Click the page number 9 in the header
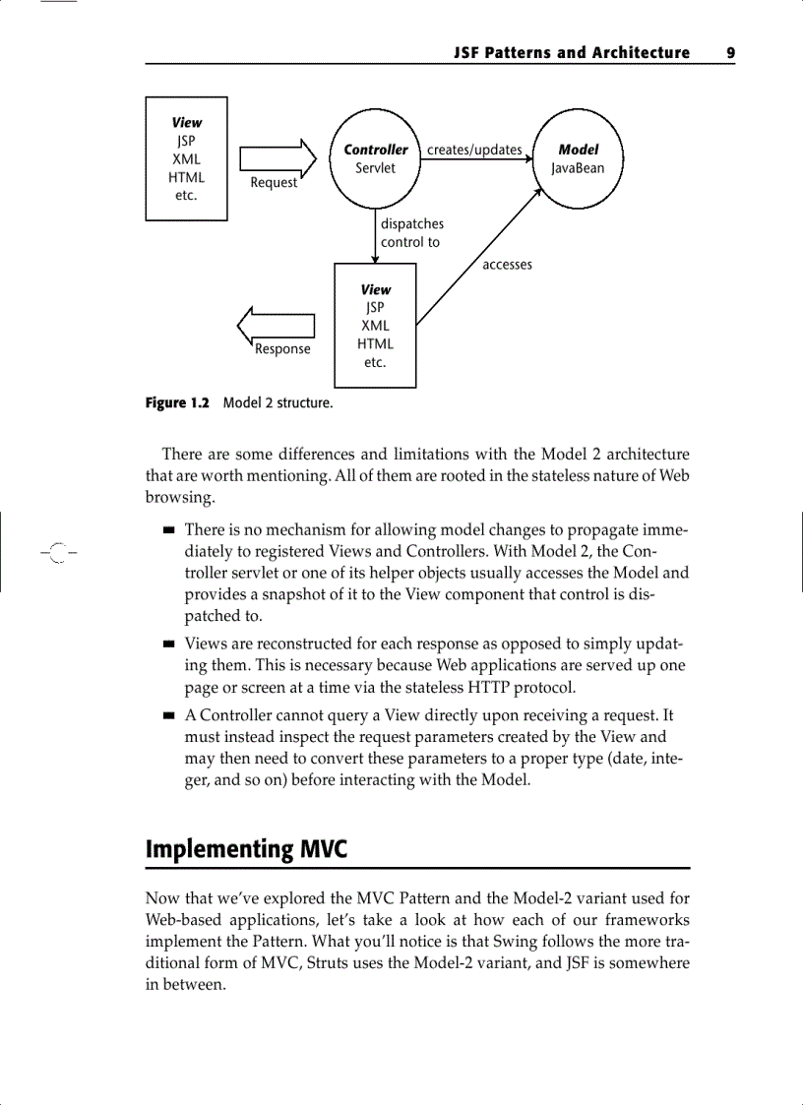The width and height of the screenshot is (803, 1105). [x=731, y=53]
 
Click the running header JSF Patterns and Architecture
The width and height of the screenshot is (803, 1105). [x=572, y=53]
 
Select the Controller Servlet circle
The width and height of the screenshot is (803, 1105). [x=375, y=159]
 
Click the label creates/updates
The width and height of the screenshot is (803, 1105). [x=474, y=150]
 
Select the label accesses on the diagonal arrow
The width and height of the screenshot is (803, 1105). [x=507, y=265]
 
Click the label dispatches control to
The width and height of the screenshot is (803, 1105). [x=411, y=233]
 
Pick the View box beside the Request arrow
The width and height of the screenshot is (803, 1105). [x=187, y=158]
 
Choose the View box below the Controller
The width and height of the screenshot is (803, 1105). [x=375, y=326]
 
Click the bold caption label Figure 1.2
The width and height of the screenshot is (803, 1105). [x=178, y=403]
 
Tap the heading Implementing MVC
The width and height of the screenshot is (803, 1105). [x=246, y=848]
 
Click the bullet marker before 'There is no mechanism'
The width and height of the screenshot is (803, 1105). [x=169, y=530]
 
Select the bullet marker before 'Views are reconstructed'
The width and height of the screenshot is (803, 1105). [x=169, y=645]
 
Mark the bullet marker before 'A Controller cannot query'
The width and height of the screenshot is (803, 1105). [x=169, y=716]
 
